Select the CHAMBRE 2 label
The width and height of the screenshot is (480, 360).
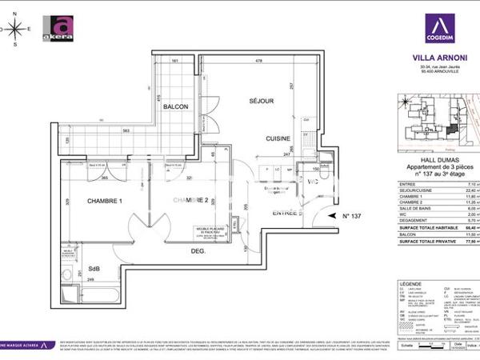[x=191, y=200]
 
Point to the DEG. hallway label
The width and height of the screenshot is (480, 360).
[x=198, y=250]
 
